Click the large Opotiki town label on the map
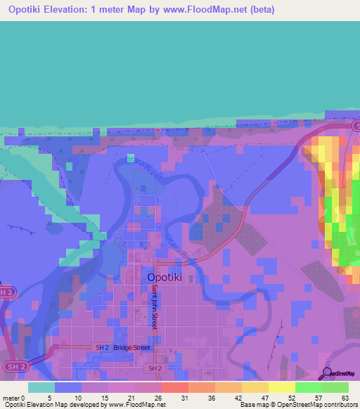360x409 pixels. tap(167, 278)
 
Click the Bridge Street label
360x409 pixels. tap(132, 348)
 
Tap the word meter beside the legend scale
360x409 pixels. tap(11, 398)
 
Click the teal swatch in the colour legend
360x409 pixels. tap(41, 387)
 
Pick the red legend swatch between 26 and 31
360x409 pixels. tap(174, 387)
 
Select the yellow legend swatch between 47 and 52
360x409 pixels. tap(281, 387)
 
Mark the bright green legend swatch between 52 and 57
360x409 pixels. tap(308, 387)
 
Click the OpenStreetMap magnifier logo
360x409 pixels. tap(328, 373)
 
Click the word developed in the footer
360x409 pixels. tap(88, 405)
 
